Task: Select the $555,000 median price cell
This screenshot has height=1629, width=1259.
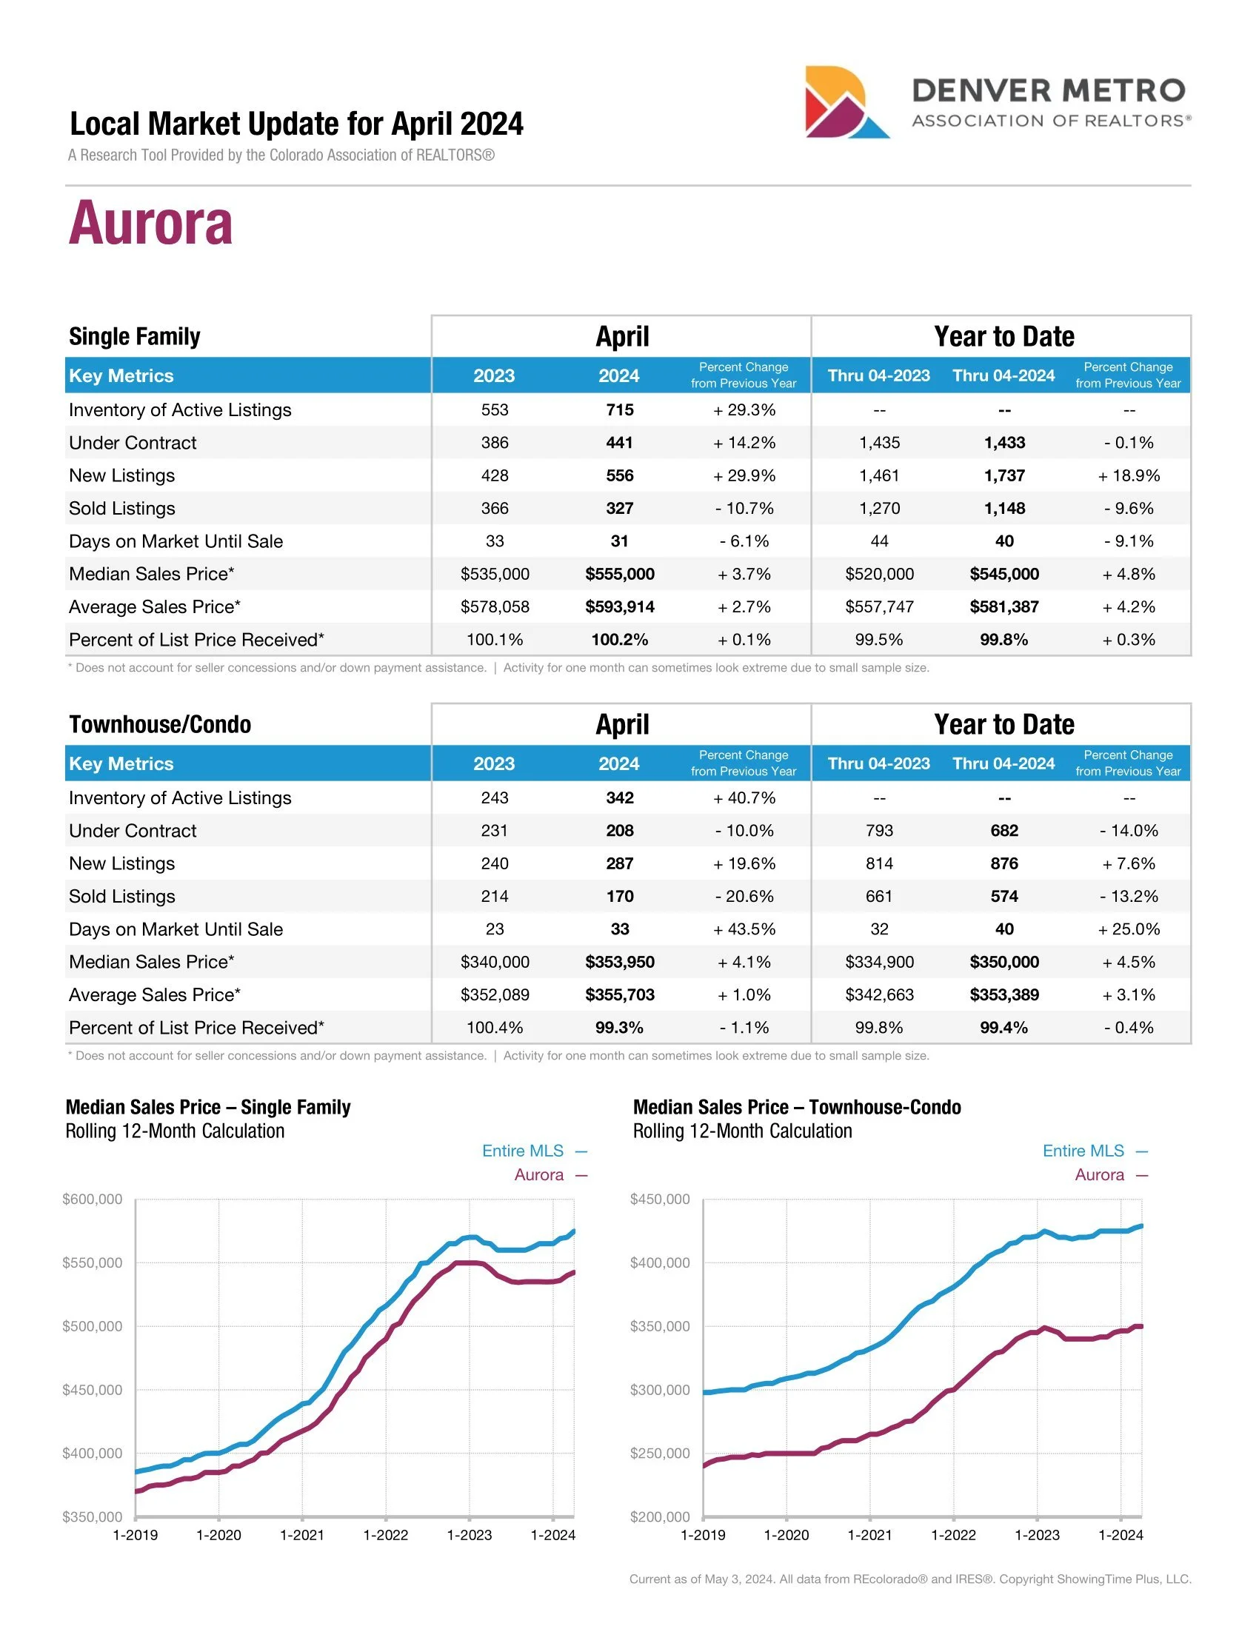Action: [x=619, y=574]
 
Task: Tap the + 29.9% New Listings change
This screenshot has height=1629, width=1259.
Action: [x=744, y=475]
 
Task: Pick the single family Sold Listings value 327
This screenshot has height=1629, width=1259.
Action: [x=619, y=508]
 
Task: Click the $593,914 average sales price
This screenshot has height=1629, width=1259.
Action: [x=619, y=606]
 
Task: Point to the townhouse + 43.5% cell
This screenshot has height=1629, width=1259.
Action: [x=744, y=929]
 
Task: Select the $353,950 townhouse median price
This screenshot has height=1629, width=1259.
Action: [x=619, y=961]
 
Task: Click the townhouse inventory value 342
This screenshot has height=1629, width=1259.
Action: [x=619, y=797]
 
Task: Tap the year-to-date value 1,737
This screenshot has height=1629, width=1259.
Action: [x=1004, y=475]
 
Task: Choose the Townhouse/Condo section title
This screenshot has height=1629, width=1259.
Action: [x=160, y=724]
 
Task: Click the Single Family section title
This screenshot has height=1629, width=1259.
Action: [x=134, y=336]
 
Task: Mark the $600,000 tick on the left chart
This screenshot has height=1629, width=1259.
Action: [x=93, y=1200]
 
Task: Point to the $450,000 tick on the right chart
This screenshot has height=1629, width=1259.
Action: [x=660, y=1200]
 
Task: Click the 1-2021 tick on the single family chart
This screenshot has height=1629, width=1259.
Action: [x=302, y=1534]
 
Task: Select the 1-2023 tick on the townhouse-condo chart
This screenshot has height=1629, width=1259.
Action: [x=1037, y=1534]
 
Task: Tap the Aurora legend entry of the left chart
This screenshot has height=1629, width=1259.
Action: [x=539, y=1175]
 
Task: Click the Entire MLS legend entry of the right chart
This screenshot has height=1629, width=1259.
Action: [x=1083, y=1151]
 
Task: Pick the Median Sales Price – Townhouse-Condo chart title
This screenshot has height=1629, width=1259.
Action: [x=797, y=1107]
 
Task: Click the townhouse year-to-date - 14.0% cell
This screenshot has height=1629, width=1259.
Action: [x=1129, y=830]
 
